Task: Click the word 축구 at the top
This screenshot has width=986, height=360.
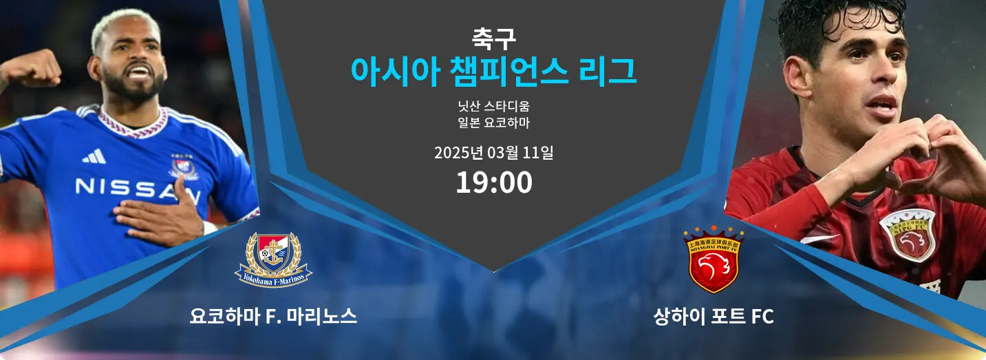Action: coord(493,39)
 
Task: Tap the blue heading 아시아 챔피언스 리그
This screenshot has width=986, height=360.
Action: coord(493,72)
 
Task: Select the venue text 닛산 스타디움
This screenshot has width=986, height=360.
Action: coord(493,106)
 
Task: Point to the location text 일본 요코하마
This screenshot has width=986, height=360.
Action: coord(493,123)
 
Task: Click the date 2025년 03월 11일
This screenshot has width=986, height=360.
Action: coord(493,153)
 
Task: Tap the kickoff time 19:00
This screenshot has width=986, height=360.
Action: coord(494,182)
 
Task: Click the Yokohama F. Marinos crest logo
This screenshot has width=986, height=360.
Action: coord(273,260)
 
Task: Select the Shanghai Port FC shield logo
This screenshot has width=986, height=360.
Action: coord(714,260)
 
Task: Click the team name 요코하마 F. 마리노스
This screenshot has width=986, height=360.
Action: coord(273,317)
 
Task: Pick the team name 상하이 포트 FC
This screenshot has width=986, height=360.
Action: coord(714,317)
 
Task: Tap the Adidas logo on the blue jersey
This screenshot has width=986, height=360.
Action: coord(94,157)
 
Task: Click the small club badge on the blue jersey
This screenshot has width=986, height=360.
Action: coord(183,167)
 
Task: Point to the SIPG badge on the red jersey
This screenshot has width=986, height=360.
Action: coord(907,235)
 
